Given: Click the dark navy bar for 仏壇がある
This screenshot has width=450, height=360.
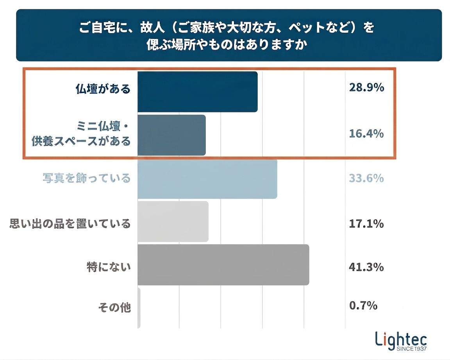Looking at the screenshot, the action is [x=197, y=92].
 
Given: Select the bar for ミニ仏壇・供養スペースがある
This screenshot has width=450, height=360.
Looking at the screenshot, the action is [x=171, y=135].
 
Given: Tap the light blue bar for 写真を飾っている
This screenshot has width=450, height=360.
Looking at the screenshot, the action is [x=207, y=179].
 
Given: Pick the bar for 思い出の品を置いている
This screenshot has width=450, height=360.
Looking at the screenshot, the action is [x=173, y=221].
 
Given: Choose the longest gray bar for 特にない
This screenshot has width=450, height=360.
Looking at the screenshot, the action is [x=223, y=265].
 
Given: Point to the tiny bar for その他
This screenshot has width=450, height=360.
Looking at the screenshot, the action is [x=139, y=308].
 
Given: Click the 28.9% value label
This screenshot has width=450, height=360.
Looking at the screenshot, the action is [x=366, y=87].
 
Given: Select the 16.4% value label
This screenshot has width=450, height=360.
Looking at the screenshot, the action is [x=366, y=134].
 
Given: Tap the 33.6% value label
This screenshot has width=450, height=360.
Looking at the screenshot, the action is [x=366, y=178].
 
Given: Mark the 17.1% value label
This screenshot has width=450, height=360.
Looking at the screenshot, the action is [x=366, y=224].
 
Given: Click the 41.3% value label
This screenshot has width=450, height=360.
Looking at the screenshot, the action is [x=366, y=267].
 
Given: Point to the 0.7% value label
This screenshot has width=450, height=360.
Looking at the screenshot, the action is [x=363, y=305].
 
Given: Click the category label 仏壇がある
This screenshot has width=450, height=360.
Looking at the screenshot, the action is [x=103, y=89].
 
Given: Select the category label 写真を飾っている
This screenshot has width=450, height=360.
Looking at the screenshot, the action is [x=87, y=178].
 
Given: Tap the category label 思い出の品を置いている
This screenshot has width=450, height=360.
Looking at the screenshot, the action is [x=70, y=223].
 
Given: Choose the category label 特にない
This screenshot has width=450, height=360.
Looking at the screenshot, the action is [x=109, y=267].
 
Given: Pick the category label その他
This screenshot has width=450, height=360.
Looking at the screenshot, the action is [x=114, y=308].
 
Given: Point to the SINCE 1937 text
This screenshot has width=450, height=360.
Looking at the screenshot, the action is [x=412, y=349].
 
